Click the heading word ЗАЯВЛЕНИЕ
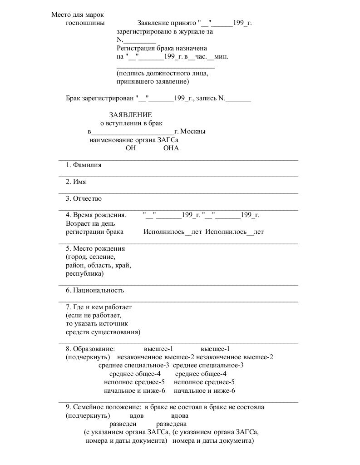pos(130,115)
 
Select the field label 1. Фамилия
pos(84,165)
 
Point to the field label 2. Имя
pos(76,182)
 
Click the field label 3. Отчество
pos(84,198)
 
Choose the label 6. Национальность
pos(94,291)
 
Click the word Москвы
pos(192,132)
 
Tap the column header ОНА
pos(171,148)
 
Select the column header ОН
pos(131,148)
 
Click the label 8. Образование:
pos(90,349)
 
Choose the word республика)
pos(84,274)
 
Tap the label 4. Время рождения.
pos(96,215)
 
